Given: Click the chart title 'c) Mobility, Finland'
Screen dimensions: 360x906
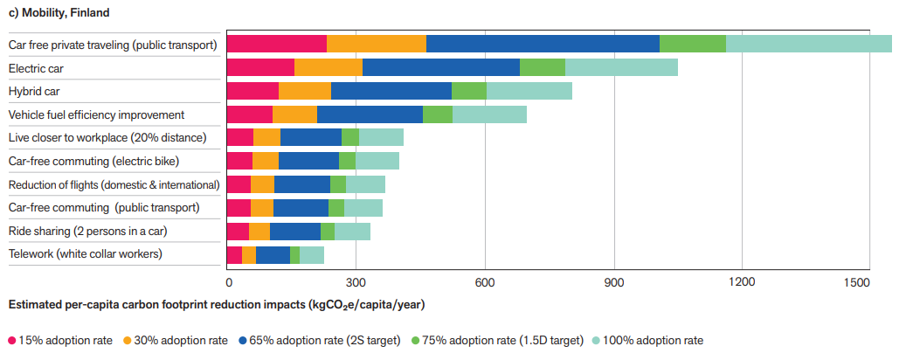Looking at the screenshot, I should click(x=54, y=13).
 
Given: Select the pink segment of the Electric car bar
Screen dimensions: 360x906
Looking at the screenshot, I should click(x=259, y=67).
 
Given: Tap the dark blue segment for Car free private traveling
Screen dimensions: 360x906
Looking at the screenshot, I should click(x=543, y=44).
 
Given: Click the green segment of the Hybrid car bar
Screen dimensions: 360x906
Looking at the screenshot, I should click(x=469, y=91).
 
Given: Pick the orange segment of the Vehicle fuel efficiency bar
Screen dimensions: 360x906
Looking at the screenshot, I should click(x=294, y=114).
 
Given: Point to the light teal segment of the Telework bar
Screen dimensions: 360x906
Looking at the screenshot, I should click(x=312, y=254).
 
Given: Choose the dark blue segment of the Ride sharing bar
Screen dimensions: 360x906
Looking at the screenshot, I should click(x=295, y=231).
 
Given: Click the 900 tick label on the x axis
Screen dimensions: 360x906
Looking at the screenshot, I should click(x=615, y=282).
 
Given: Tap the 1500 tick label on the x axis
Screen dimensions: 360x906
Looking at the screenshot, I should click(x=858, y=282).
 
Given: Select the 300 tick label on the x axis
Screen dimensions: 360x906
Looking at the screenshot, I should click(x=356, y=282).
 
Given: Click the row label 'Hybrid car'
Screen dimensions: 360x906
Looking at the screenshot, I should click(x=33, y=91).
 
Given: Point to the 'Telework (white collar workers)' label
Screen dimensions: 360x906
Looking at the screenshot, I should click(x=85, y=254).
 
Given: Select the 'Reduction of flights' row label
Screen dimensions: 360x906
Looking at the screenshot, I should click(x=114, y=184).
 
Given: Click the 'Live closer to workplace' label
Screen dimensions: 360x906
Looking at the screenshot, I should click(x=107, y=138).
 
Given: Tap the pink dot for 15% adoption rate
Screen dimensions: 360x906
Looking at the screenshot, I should click(x=12, y=341).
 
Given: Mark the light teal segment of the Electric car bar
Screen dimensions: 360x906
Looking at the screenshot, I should click(x=621, y=67).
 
